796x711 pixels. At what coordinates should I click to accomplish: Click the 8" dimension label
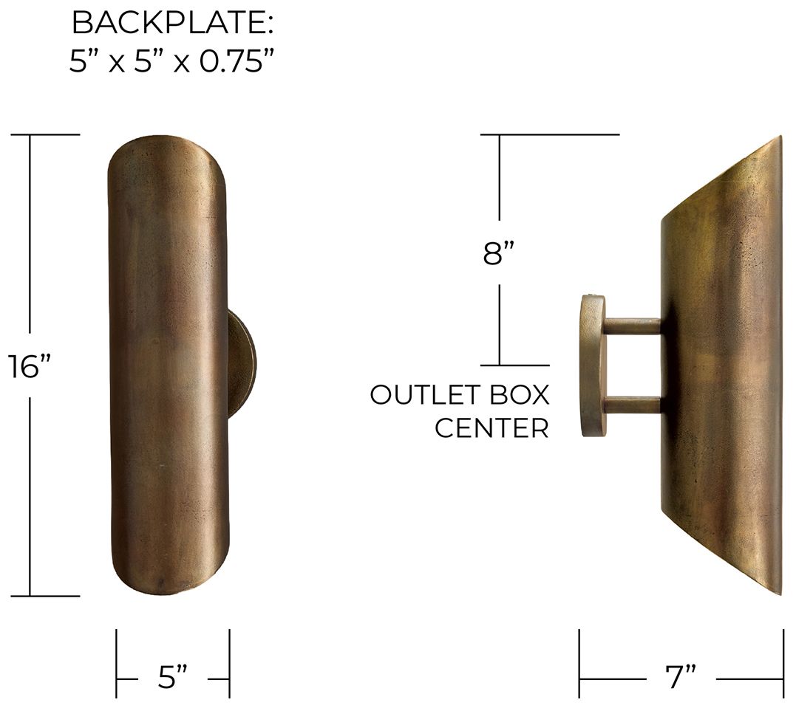(499, 253)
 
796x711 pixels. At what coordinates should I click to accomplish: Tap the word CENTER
(491, 428)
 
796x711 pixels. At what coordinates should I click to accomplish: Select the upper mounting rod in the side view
(632, 326)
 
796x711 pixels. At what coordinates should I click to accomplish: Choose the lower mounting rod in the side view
(632, 405)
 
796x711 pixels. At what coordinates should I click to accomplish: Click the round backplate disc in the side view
(593, 365)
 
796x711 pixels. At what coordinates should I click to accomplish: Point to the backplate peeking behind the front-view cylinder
(242, 365)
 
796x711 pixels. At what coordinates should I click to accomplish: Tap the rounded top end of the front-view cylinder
(168, 148)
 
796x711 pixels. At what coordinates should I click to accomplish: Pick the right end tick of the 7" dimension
(783, 663)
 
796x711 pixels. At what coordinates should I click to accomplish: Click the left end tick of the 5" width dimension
(117, 663)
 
